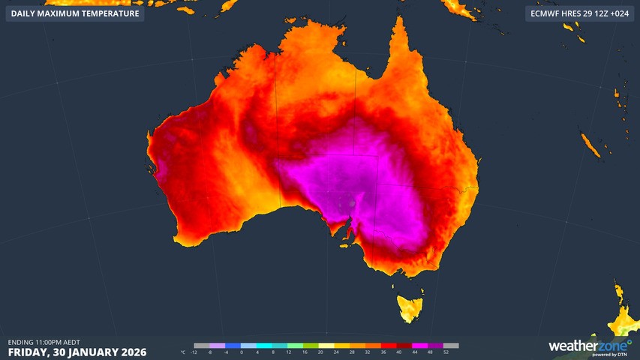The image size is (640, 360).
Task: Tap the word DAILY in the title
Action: tap(25, 13)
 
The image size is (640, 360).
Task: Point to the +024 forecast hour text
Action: tap(617, 13)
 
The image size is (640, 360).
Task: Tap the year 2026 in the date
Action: tap(131, 352)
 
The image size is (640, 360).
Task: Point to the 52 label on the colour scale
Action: tap(446, 352)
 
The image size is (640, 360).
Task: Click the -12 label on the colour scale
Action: tap(194, 352)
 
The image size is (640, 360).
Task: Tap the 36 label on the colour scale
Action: tap(383, 352)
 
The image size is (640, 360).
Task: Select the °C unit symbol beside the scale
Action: tap(183, 352)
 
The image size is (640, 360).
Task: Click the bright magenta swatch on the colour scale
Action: tap(419, 346)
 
